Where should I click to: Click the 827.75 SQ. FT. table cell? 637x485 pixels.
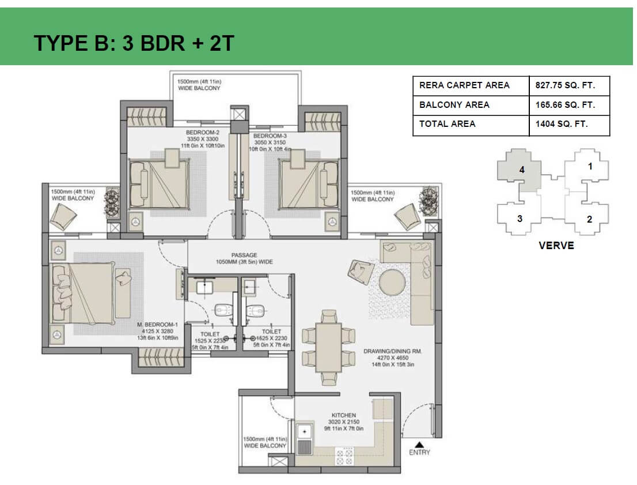click(569, 85)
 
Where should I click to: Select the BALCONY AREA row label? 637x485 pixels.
click(454, 105)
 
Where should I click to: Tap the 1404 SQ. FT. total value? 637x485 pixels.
click(561, 124)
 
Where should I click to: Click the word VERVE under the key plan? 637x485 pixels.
click(556, 245)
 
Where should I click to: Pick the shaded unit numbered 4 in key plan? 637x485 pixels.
click(521, 170)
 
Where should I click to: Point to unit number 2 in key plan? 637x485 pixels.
click(589, 219)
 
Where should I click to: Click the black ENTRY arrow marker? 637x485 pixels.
click(419, 444)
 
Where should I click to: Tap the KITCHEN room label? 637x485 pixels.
click(343, 415)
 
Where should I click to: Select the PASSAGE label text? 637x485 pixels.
click(244, 255)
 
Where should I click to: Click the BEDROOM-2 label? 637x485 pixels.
click(199, 132)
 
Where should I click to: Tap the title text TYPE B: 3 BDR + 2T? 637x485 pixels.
click(134, 43)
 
